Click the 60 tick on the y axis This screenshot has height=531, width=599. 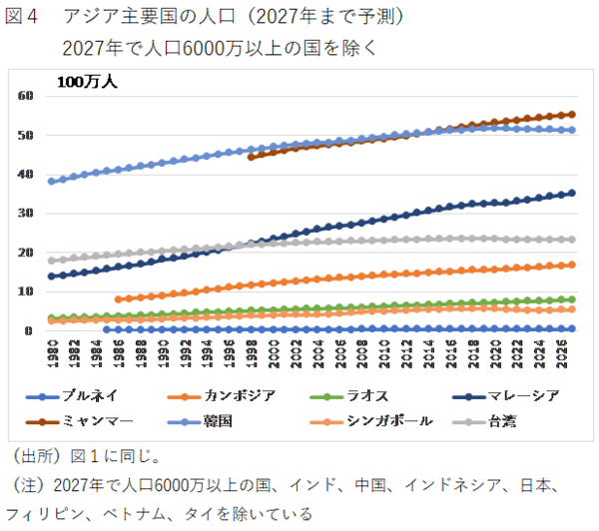click(x=26, y=96)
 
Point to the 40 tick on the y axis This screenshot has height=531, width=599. click(x=26, y=175)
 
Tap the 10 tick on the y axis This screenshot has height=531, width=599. click(x=26, y=291)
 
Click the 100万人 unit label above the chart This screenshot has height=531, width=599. click(x=86, y=82)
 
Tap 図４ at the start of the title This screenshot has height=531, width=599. click(x=24, y=17)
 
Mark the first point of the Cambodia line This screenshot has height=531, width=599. click(x=119, y=299)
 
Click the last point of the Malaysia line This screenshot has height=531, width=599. click(x=571, y=194)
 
